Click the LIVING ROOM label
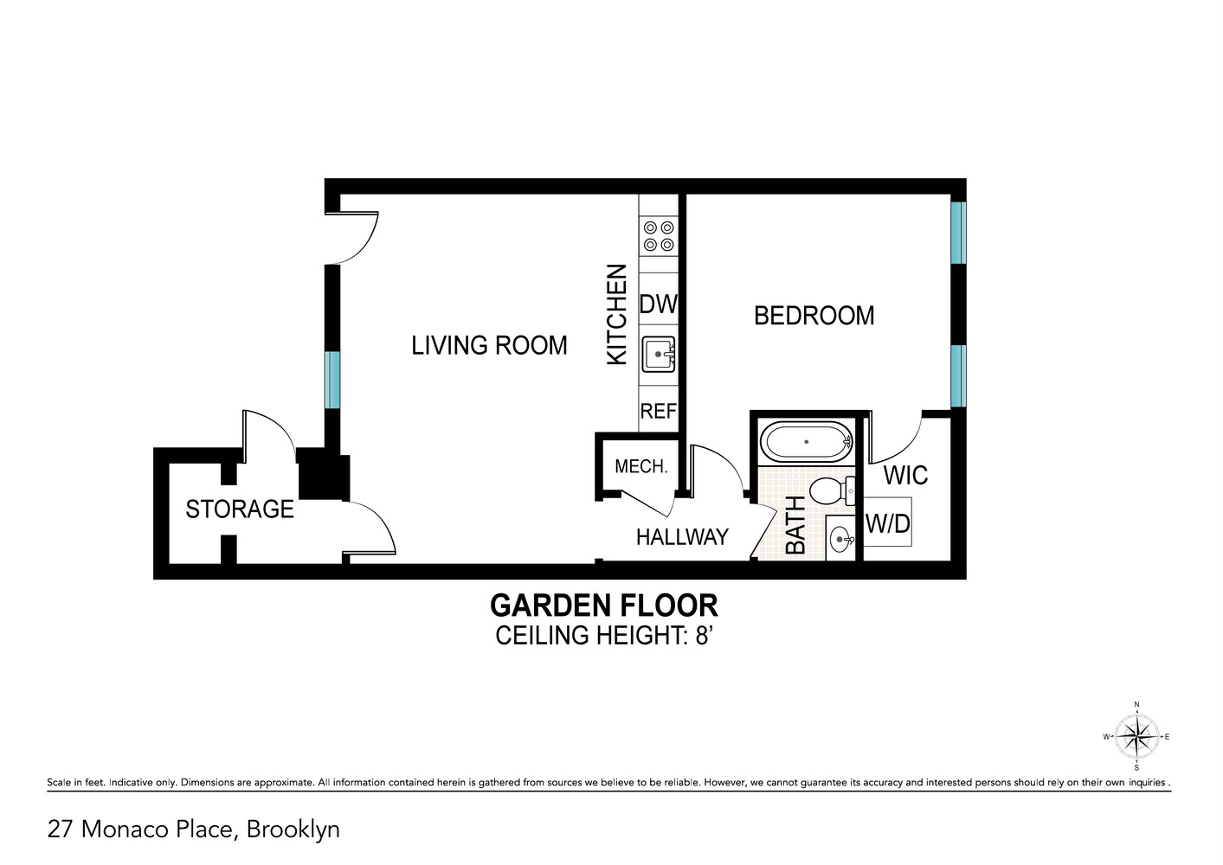coord(489,345)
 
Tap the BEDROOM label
coord(814,316)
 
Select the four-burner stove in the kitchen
coord(658,236)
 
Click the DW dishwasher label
coord(658,304)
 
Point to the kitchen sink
coord(658,354)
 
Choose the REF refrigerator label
coord(658,412)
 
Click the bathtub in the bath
coord(806,442)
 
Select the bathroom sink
coord(840,540)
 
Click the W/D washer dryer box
coord(888,522)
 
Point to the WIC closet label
coord(905,475)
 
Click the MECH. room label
coord(640,467)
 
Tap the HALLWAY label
coord(682,537)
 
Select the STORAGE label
coord(240,509)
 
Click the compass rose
coord(1136,737)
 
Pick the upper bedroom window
coord(957,233)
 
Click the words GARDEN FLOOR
coord(603,605)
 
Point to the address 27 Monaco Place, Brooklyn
coord(194,830)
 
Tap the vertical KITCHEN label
coord(616,315)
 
